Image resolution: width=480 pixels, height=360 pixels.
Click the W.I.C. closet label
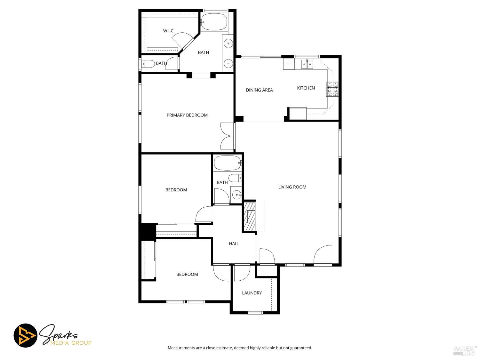[169, 31]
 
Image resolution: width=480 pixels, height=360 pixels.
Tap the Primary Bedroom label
[187, 115]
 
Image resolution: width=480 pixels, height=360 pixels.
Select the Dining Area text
[259, 90]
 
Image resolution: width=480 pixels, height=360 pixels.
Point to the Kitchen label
[306, 88]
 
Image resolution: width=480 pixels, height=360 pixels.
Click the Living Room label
[292, 187]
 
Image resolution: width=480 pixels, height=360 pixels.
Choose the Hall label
[234, 244]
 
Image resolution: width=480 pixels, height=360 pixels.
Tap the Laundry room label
[252, 293]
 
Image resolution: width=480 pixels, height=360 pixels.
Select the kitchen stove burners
[332, 89]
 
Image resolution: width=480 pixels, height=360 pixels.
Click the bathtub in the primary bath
[214, 22]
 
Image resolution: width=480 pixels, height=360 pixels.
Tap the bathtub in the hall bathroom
[228, 163]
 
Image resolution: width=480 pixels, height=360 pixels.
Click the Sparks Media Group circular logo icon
[26, 336]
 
